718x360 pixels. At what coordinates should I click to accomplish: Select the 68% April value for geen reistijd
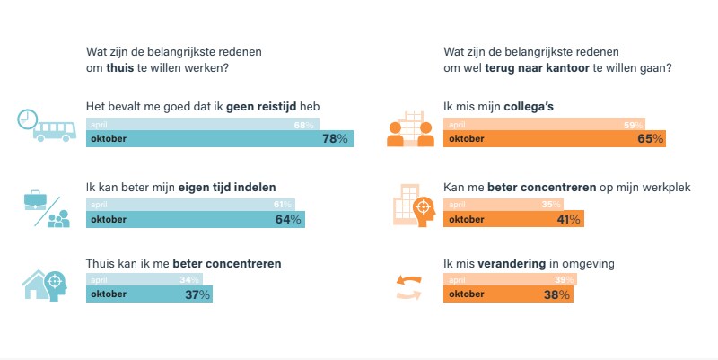click(303, 125)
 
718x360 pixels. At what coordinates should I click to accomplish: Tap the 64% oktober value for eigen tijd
click(288, 220)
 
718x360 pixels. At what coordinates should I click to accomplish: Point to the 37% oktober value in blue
click(197, 294)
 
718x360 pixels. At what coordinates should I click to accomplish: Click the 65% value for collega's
click(651, 139)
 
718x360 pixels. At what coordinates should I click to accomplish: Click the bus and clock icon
click(45, 127)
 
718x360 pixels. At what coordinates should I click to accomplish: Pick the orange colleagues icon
click(410, 128)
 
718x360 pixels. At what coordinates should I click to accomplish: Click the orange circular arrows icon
click(408, 287)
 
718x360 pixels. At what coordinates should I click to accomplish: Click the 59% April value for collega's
click(634, 125)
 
